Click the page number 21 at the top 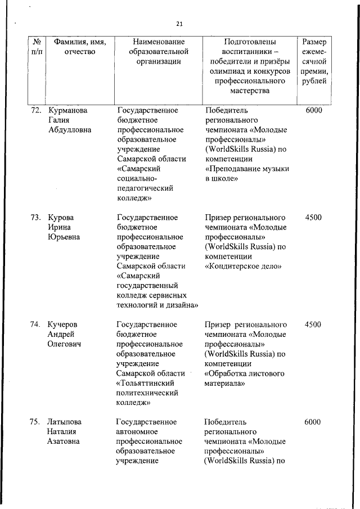[179, 24]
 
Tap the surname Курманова [68, 110]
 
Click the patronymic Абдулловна [70, 130]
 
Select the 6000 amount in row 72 [314, 110]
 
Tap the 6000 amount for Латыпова [313, 422]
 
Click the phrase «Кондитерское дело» [243, 266]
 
